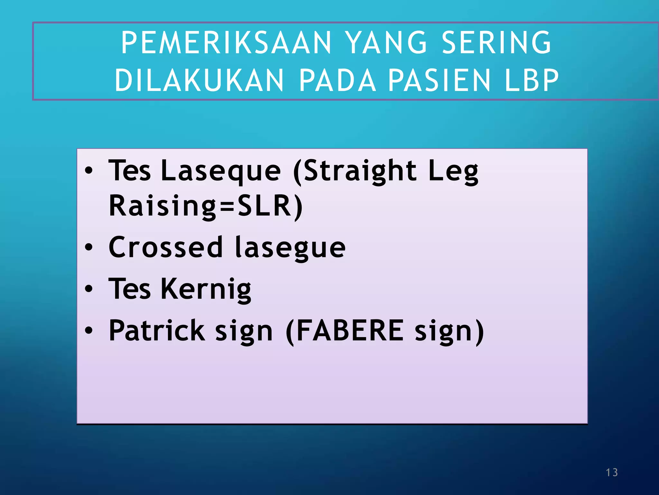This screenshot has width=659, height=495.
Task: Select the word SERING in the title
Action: click(x=497, y=43)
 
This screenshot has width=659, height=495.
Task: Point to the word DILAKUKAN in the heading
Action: click(x=200, y=80)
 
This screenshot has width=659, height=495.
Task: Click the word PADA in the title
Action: click(x=338, y=80)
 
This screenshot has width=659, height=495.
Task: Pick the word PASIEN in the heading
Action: click(x=439, y=80)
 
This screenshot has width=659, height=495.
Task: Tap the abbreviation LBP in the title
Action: click(x=532, y=80)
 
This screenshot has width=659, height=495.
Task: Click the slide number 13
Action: click(x=612, y=472)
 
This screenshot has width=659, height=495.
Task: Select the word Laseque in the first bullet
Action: click(x=221, y=171)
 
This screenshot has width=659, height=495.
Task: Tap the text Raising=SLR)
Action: click(x=206, y=206)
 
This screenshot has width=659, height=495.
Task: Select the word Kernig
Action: click(x=206, y=289)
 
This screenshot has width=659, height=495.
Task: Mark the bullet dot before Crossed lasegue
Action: click(x=89, y=247)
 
